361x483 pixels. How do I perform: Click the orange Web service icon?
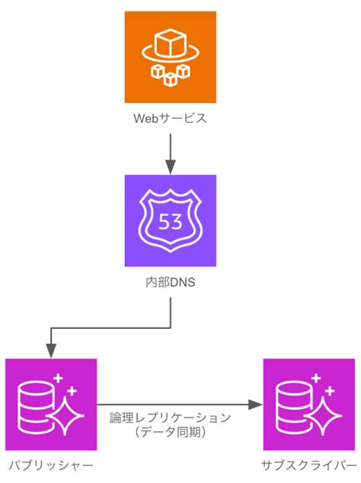[171, 58]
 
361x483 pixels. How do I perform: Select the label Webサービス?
[171, 119]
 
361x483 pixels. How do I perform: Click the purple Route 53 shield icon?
[171, 221]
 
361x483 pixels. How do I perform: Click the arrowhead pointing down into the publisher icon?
[51, 352]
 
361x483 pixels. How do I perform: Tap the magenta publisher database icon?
[51, 404]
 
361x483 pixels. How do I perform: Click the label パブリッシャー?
[51, 465]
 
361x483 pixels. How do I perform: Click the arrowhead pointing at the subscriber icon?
[257, 404]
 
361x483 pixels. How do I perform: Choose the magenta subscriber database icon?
[308, 404]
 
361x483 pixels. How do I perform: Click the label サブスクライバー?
[308, 465]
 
